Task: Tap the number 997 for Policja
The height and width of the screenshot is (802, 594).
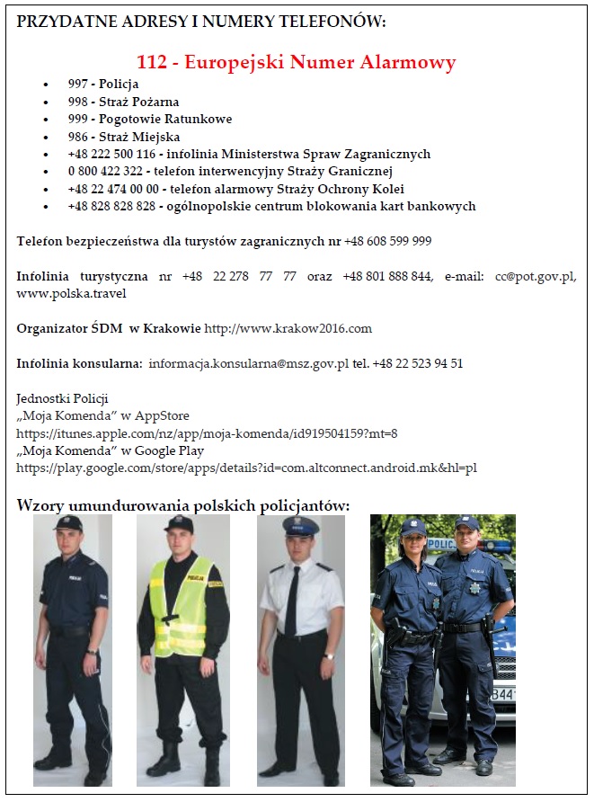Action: [x=77, y=84]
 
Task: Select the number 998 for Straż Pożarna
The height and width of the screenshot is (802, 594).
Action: [x=77, y=102]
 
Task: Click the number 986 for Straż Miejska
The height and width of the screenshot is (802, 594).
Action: [x=77, y=137]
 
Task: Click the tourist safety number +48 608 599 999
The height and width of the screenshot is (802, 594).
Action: [x=388, y=241]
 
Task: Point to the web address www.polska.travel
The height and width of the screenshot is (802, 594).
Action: [x=72, y=293]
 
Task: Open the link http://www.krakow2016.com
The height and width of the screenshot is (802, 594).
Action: [x=288, y=328]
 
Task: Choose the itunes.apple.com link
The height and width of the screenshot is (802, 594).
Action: [x=207, y=432]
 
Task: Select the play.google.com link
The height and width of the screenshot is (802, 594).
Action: [x=246, y=468]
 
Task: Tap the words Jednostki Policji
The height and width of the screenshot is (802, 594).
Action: [x=62, y=398]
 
